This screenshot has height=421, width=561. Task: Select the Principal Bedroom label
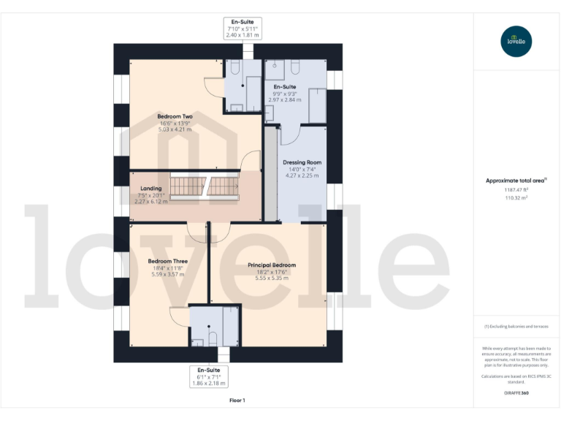click(x=271, y=265)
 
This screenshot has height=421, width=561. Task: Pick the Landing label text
click(x=150, y=189)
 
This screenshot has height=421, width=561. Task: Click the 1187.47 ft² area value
click(x=516, y=189)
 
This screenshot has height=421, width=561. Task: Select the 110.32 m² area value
click(x=516, y=197)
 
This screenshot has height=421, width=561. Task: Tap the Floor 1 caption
click(x=237, y=401)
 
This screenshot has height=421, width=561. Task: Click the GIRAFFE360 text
click(x=516, y=392)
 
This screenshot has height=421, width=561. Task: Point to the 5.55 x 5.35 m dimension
click(x=271, y=278)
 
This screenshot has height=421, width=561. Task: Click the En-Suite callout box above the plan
click(x=243, y=29)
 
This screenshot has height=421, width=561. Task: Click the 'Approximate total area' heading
click(x=516, y=181)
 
